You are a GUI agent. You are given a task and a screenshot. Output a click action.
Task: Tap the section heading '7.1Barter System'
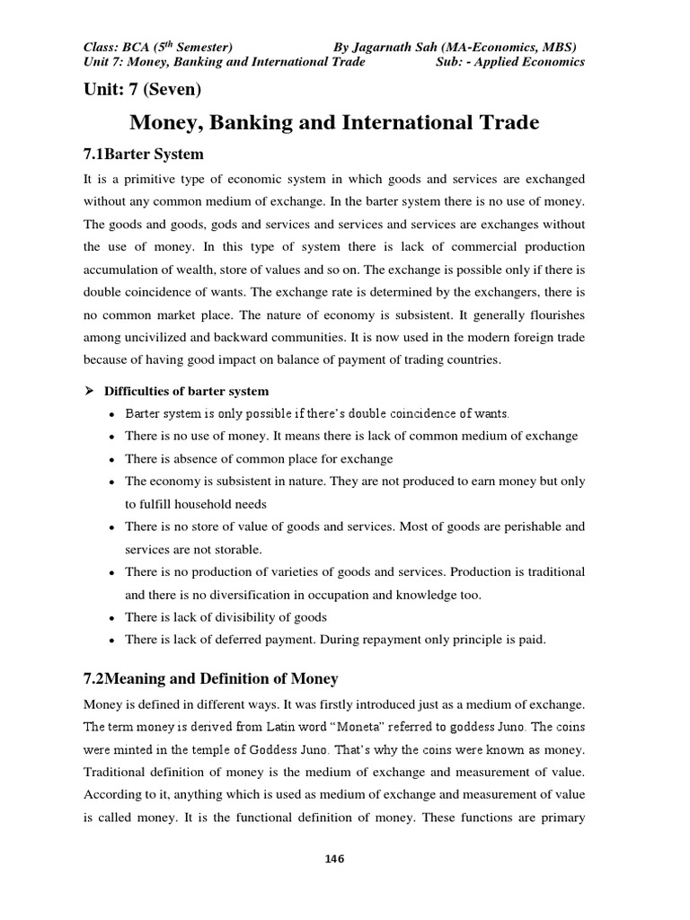(x=144, y=153)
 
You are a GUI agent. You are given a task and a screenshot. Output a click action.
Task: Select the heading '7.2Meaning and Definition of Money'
(x=210, y=678)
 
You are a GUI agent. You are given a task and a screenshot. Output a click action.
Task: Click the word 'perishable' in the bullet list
(x=528, y=526)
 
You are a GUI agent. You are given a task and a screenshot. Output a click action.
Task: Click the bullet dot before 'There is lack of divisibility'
(x=110, y=617)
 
